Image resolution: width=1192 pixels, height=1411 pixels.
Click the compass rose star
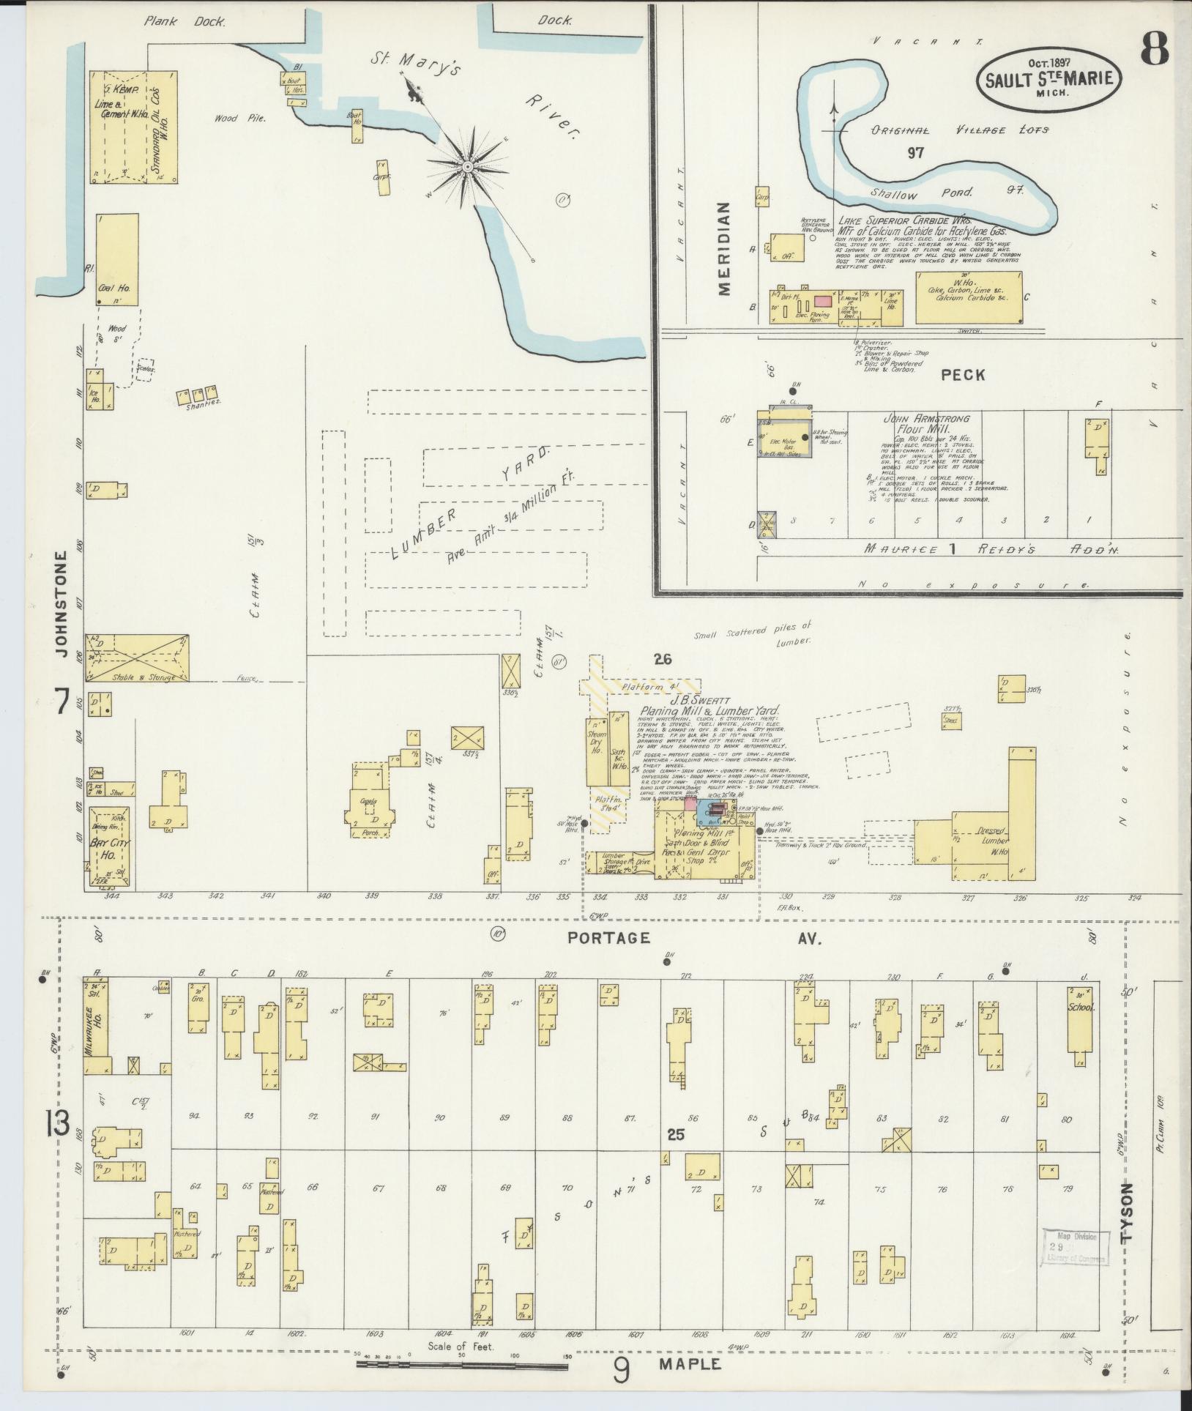tap(467, 168)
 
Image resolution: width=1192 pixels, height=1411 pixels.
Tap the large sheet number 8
tap(1154, 50)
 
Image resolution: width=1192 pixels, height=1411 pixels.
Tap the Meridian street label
tap(724, 249)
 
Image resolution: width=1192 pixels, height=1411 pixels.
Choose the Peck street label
tap(963, 375)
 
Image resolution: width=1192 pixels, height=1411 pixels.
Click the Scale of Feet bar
tap(461, 1365)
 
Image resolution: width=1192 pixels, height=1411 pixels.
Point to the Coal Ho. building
tap(116, 260)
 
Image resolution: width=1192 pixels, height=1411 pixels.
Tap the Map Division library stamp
tap(1075, 1247)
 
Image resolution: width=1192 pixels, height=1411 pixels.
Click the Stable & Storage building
tap(138, 658)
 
